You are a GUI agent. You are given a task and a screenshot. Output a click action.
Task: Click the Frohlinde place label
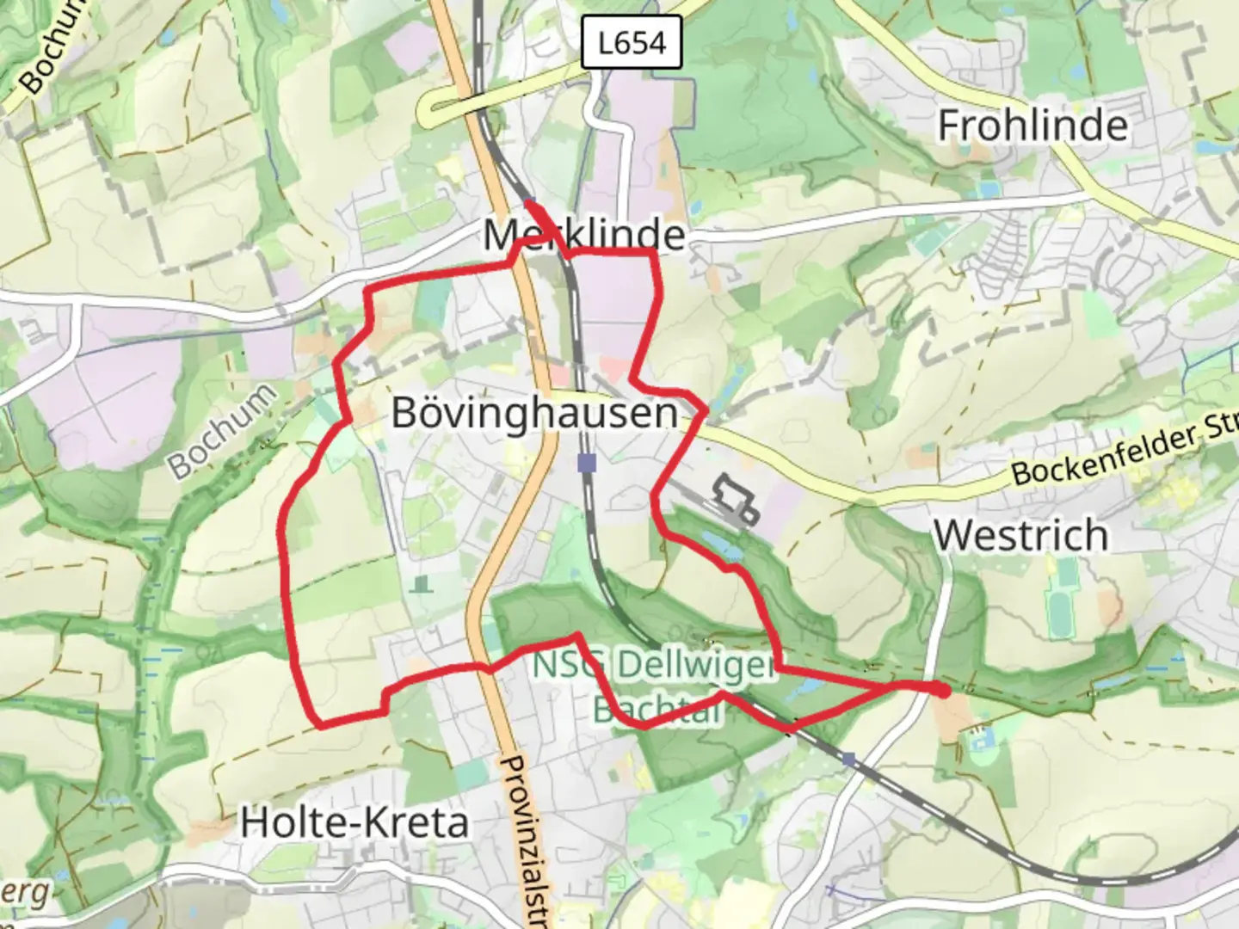click(1032, 126)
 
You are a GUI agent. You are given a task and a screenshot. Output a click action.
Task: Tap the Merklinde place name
click(584, 234)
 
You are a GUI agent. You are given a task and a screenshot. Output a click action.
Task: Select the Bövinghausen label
click(534, 413)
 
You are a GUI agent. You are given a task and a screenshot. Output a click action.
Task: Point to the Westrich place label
click(1020, 535)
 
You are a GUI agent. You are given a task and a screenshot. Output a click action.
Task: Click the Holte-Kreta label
click(354, 823)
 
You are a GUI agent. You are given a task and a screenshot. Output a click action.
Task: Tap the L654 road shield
click(632, 43)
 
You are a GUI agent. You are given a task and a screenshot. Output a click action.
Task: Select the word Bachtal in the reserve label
click(656, 709)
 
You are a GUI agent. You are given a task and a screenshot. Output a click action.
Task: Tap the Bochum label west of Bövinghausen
click(222, 430)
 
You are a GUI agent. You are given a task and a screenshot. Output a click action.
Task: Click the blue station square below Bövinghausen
click(587, 464)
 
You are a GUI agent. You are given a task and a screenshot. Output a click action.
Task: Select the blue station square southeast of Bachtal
click(849, 759)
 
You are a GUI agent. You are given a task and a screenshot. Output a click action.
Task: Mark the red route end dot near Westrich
click(943, 690)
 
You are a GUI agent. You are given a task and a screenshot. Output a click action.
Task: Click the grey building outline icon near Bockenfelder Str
click(734, 498)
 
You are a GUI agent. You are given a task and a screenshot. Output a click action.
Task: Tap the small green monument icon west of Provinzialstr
click(420, 585)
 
